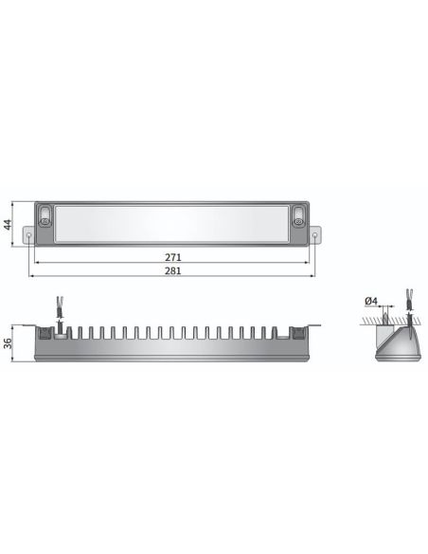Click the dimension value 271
pos(172,257)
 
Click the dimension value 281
pos(172,271)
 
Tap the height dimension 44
pos(8,225)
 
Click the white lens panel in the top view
pos(172,225)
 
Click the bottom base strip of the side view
pos(172,356)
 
